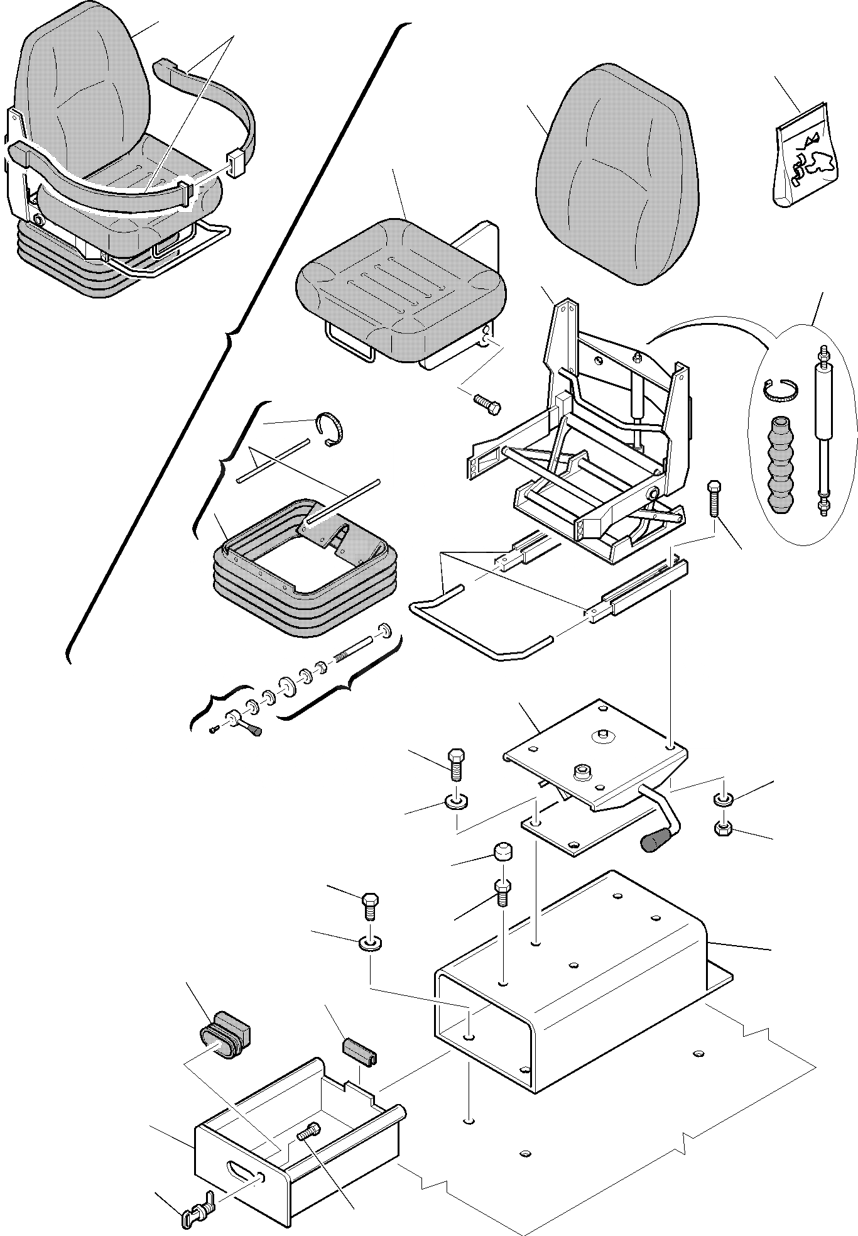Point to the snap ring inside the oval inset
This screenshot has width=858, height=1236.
pos(781,393)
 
